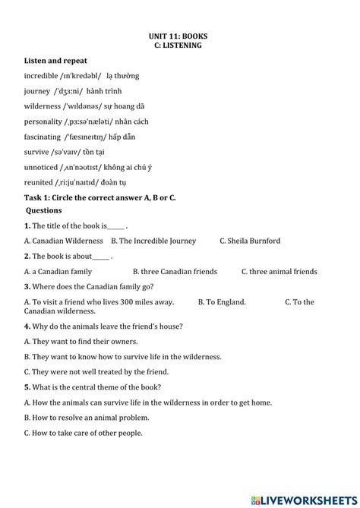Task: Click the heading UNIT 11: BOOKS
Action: [178, 36]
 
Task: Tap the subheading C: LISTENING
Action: [178, 46]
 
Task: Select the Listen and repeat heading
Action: [55, 61]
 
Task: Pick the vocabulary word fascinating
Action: [42, 137]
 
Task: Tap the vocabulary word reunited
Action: [39, 182]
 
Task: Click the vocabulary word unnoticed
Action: [42, 167]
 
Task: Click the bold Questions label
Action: [44, 210]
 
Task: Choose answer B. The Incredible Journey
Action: [153, 241]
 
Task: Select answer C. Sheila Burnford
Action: [250, 241]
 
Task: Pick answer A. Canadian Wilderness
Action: [63, 241]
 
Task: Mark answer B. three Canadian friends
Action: [175, 271]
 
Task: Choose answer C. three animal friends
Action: [279, 271]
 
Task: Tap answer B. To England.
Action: [222, 301]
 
